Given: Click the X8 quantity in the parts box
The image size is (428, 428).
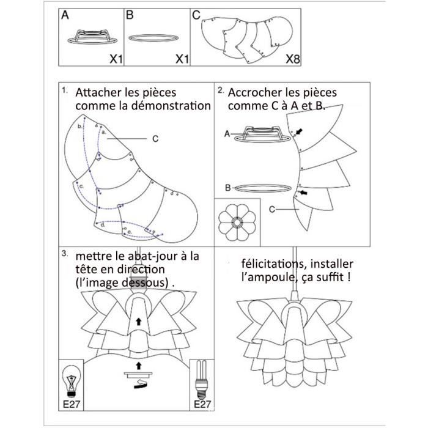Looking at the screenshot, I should pyautogui.click(x=292, y=59).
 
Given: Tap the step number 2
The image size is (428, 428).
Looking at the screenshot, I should pyautogui.click(x=220, y=90).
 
